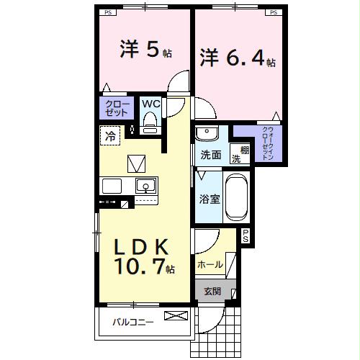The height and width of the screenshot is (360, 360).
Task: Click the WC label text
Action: tap(150, 104)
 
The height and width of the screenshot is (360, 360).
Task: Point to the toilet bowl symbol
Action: tap(150, 124)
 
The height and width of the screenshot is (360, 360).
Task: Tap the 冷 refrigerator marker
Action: tap(111, 135)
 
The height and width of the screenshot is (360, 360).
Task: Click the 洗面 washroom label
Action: tap(210, 154)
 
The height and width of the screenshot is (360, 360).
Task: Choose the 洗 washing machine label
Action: tap(235, 159)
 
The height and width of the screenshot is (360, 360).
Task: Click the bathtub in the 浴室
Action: tap(237, 197)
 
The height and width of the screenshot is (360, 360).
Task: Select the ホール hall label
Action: tap(210, 265)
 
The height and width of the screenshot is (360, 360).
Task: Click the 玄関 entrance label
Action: tap(212, 291)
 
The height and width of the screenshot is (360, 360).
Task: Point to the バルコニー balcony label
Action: tap(132, 322)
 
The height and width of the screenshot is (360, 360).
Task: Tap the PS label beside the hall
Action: tap(246, 235)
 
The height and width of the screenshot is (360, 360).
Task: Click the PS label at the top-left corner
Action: tap(108, 12)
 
